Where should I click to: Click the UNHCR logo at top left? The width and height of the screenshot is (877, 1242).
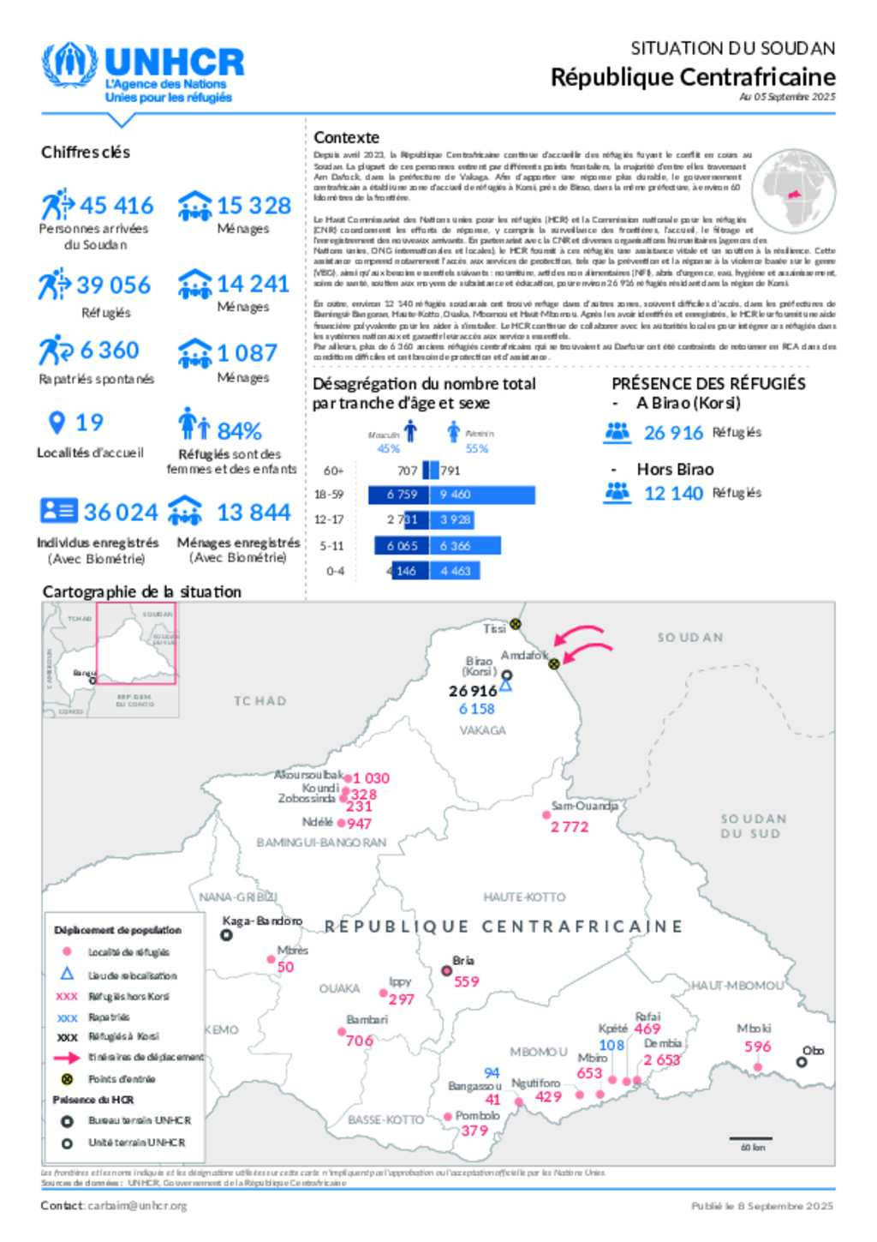[x=142, y=72]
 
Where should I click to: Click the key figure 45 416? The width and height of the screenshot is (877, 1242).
[x=116, y=206]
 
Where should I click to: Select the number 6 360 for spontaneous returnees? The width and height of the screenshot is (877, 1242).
[x=109, y=351]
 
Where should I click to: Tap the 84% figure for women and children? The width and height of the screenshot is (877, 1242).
[x=239, y=430]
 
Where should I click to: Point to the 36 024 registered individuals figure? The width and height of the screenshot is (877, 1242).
[x=121, y=513]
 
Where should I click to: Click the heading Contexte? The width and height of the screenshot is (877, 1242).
[x=346, y=137]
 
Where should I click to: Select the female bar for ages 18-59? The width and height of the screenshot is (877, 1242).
[x=486, y=495]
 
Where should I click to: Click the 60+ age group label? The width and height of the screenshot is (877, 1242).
[x=333, y=471]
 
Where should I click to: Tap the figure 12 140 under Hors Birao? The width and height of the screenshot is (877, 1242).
[x=673, y=494]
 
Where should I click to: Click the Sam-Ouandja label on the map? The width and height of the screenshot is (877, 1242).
[x=584, y=806]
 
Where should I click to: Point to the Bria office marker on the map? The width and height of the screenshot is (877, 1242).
[x=446, y=970]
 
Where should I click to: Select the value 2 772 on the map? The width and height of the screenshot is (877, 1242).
[x=570, y=827]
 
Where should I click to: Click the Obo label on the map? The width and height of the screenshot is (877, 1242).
[x=813, y=1050]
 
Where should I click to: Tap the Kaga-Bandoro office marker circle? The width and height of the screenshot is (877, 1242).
[x=227, y=935]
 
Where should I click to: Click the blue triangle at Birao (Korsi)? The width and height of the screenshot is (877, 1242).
[x=506, y=685]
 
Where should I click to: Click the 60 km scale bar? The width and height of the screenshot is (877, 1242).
[x=752, y=1138]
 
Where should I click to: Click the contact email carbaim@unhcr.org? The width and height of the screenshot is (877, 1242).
[x=137, y=1205]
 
